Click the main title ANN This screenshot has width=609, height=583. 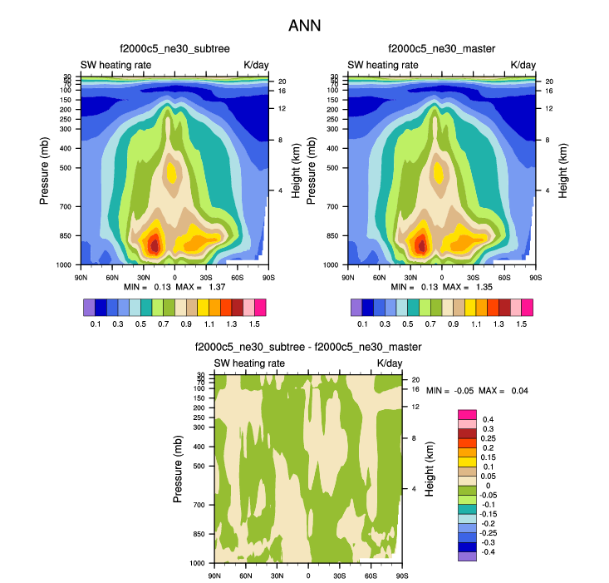304,26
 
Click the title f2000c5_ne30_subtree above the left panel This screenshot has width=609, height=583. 174,50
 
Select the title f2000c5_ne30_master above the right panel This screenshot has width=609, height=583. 441,50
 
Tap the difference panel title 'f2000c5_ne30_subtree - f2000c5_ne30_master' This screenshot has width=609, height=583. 308,348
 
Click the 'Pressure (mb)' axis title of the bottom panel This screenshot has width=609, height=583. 178,469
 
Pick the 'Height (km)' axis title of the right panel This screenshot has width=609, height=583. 562,170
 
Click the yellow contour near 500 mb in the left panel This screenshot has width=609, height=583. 172,173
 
